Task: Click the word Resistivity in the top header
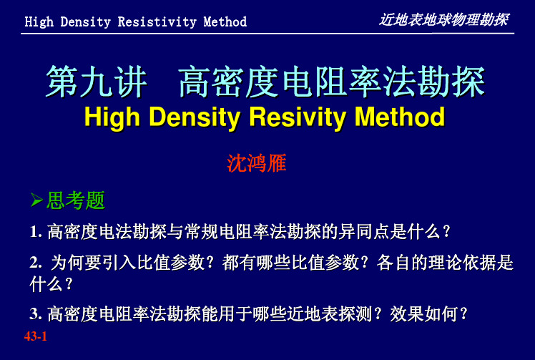157,22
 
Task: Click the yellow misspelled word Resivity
298,117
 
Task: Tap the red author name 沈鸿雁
257,163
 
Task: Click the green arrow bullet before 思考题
36,200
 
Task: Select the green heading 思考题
75,200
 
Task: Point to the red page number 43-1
36,336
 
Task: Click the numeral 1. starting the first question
36,232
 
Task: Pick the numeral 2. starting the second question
36,263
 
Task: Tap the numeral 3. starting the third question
36,314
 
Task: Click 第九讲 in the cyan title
97,82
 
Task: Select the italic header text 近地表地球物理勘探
444,20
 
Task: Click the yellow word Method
399,117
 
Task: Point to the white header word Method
225,22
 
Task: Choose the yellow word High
112,117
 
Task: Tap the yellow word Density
195,117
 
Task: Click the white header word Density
85,22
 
